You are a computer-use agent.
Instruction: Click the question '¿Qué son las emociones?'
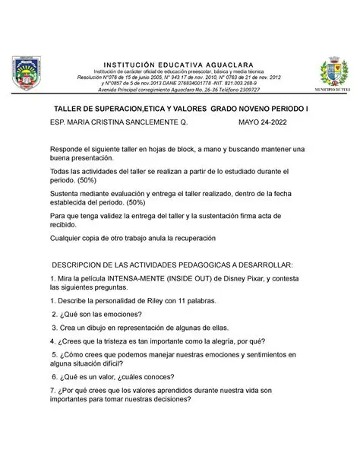pos(96,315)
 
